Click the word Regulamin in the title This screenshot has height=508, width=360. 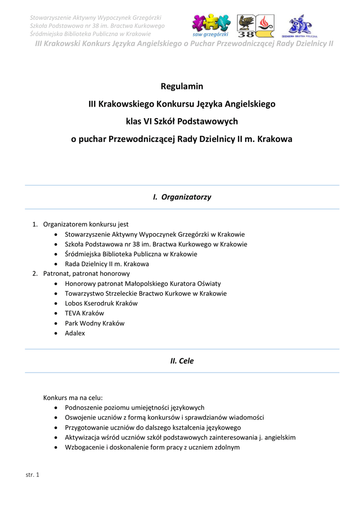(182, 86)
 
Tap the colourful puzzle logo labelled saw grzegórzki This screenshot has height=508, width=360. (210, 25)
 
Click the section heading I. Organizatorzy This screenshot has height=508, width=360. (182, 197)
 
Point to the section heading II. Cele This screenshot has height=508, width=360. (182, 361)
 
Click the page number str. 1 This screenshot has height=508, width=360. (32, 475)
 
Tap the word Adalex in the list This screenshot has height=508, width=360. (75, 333)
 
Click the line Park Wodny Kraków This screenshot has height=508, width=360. (94, 323)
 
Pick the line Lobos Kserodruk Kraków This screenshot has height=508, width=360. (101, 303)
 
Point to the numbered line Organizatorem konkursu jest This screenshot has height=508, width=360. (85, 224)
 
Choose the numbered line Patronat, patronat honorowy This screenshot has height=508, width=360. (86, 273)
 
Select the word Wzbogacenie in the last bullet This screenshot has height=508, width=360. (84, 447)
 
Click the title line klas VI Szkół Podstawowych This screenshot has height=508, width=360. (182, 122)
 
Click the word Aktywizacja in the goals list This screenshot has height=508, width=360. (82, 437)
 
